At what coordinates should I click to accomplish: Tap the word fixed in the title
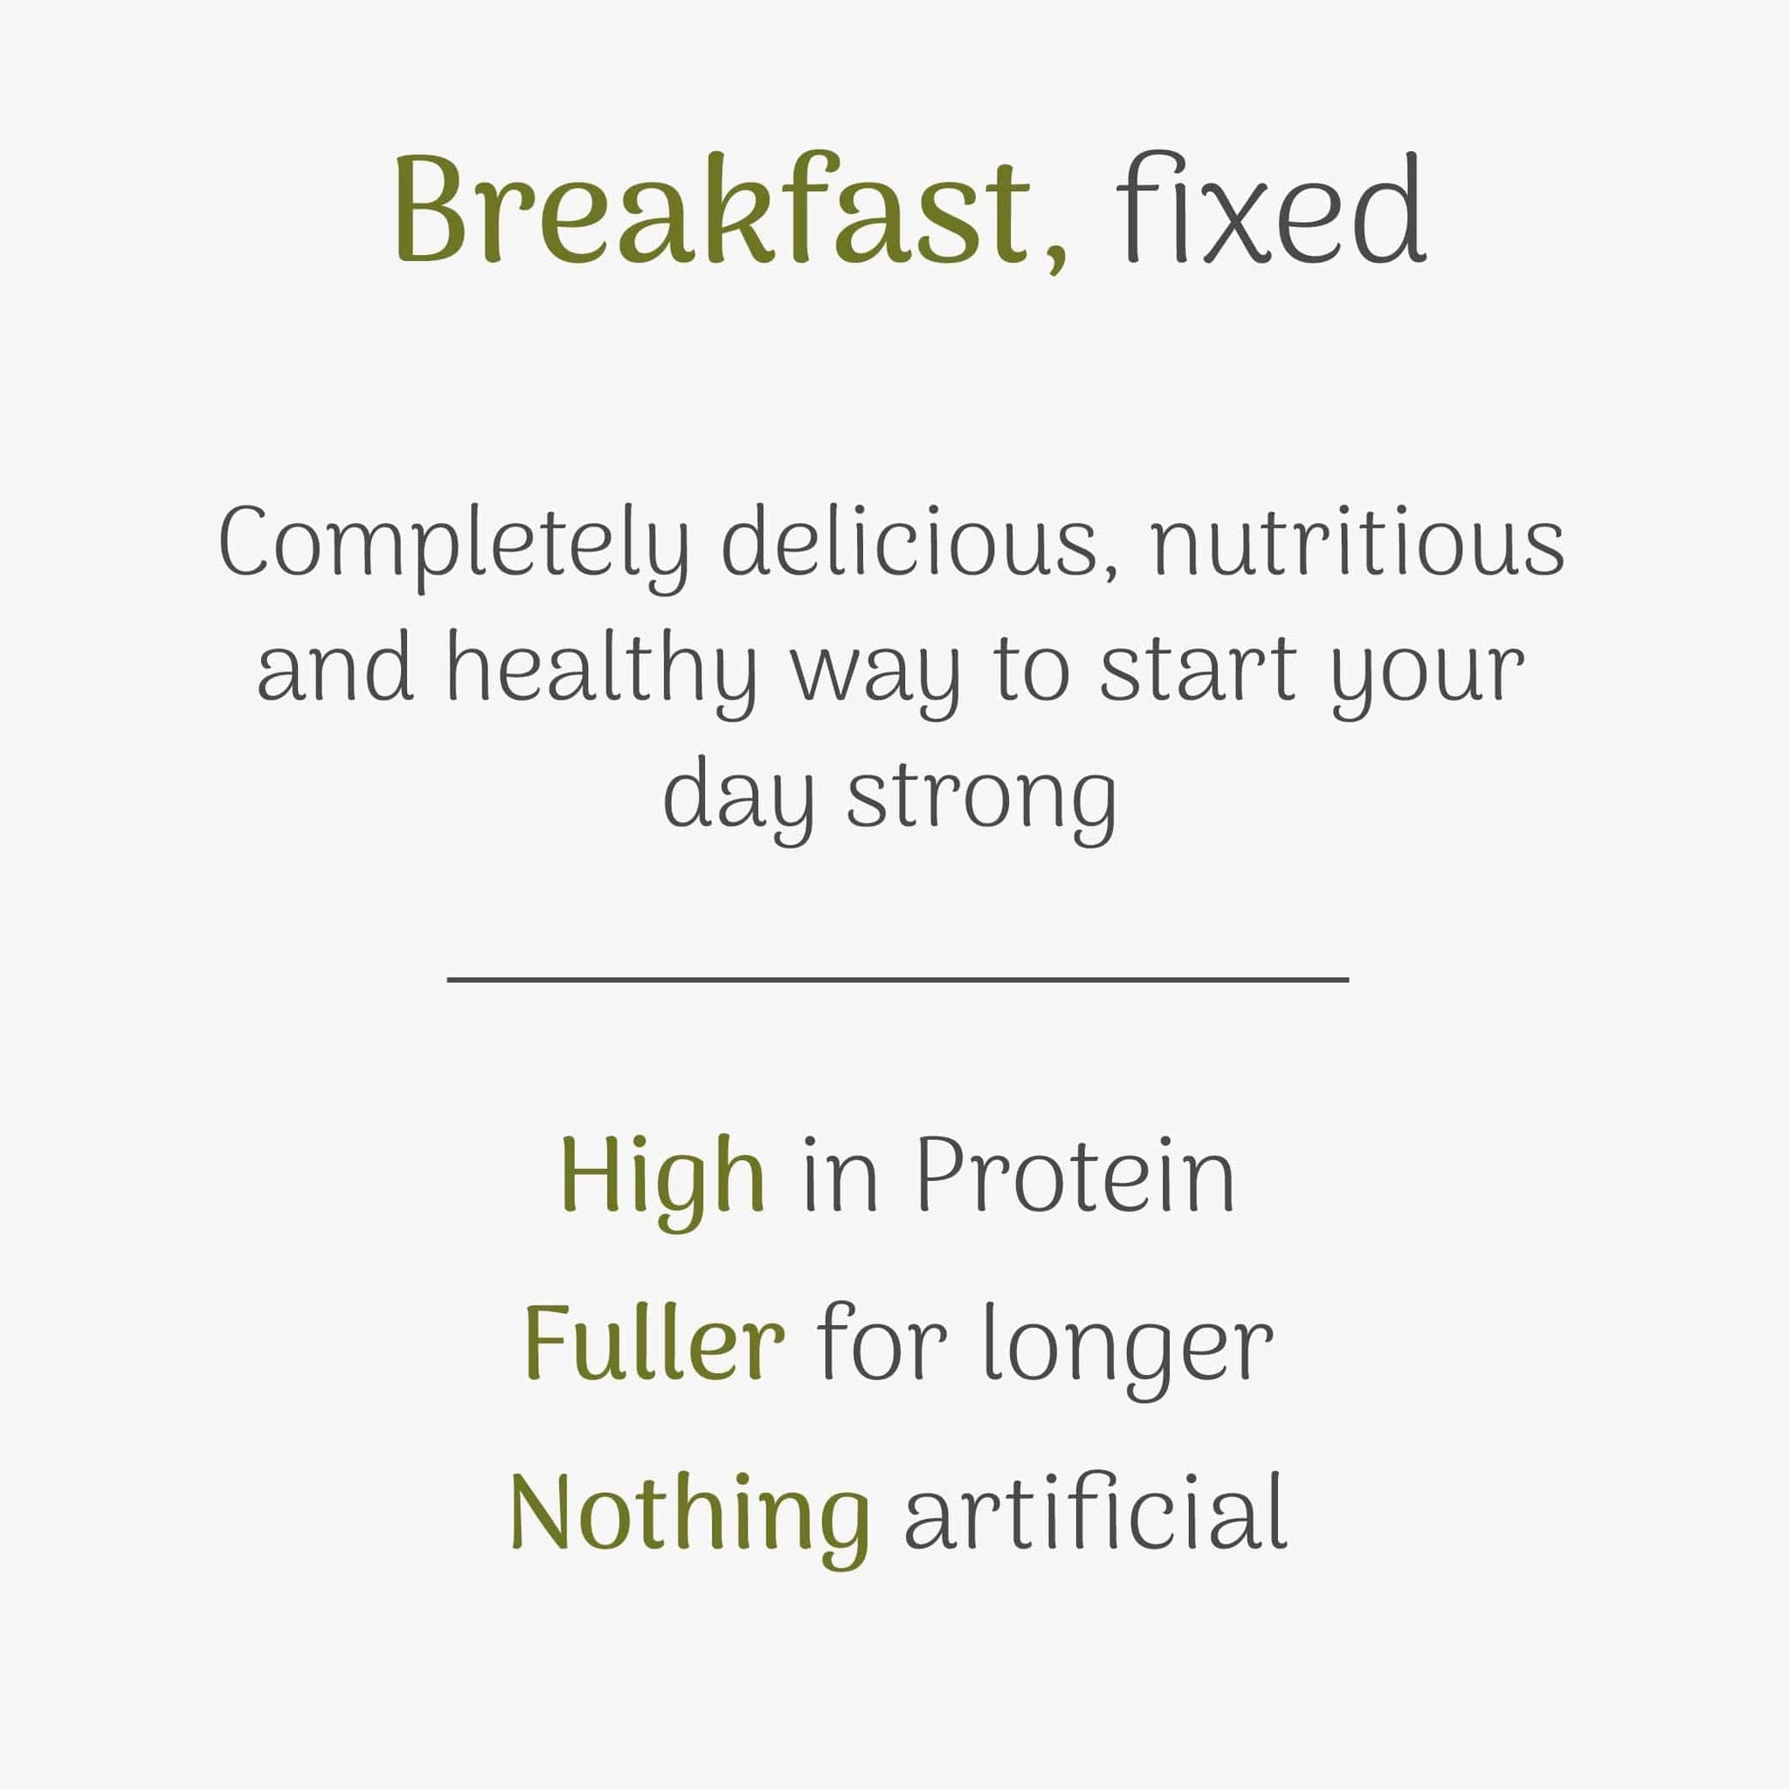point(1270,207)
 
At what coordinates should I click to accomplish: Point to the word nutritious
point(1357,542)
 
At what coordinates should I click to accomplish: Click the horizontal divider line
point(897,978)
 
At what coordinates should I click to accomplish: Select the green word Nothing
point(690,1521)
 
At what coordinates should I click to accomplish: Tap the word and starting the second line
point(335,667)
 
